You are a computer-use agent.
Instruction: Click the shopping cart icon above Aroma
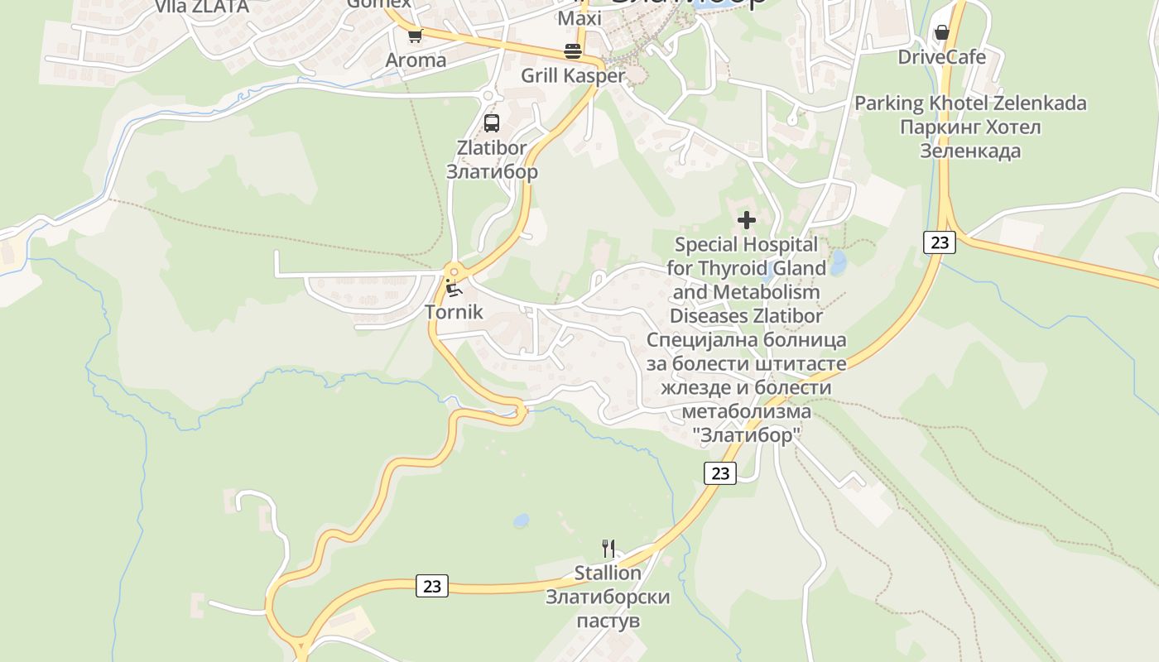click(x=415, y=36)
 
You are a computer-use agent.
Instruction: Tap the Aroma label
click(x=416, y=60)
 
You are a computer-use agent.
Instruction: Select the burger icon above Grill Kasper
click(x=573, y=50)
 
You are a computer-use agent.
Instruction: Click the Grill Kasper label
click(x=573, y=75)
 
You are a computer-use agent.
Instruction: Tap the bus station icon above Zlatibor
click(x=492, y=123)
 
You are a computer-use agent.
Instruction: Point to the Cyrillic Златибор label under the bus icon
click(x=492, y=171)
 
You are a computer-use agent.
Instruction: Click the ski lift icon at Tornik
click(x=453, y=288)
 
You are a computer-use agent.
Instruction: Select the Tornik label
click(x=453, y=312)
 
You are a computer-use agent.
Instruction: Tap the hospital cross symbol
click(x=747, y=220)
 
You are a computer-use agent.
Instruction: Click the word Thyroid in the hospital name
click(x=735, y=268)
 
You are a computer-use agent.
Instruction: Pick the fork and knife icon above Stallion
click(x=608, y=548)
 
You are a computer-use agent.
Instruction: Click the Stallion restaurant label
click(x=608, y=573)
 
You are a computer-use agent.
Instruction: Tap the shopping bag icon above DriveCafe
click(x=941, y=33)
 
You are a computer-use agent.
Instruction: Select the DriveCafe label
click(x=942, y=57)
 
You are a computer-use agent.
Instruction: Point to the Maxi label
click(x=580, y=18)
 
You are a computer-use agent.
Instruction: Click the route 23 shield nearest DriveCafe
click(x=939, y=242)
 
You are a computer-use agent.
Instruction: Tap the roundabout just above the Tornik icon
click(x=453, y=271)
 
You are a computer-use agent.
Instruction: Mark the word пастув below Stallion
click(x=608, y=621)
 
